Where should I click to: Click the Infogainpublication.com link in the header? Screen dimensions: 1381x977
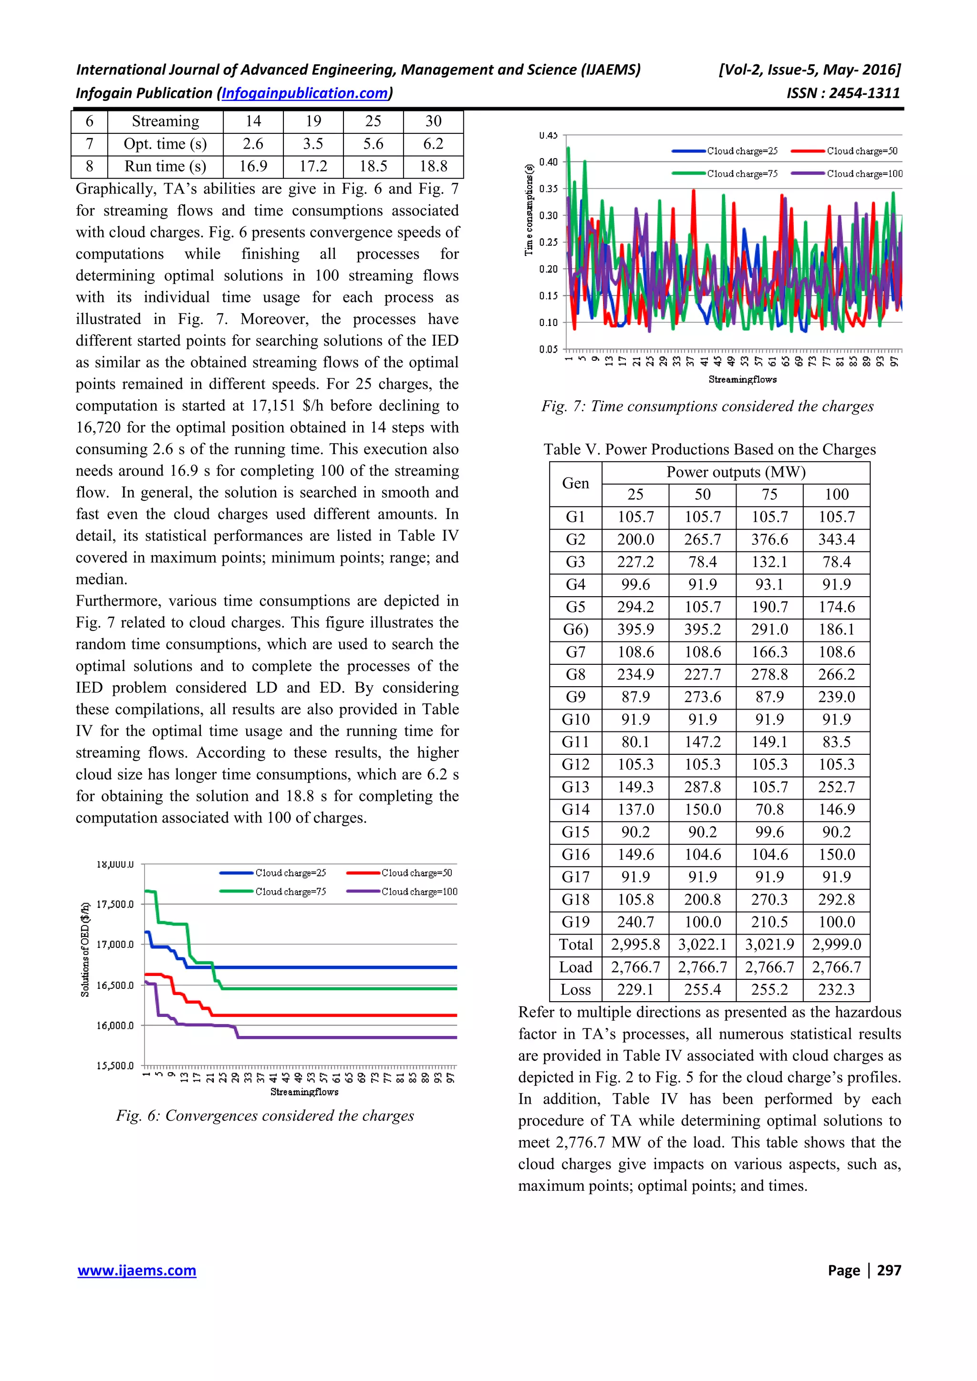coord(305,93)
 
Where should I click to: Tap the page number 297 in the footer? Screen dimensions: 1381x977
coord(889,1270)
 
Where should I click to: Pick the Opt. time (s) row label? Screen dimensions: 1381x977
coord(165,144)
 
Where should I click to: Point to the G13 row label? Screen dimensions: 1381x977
coord(575,787)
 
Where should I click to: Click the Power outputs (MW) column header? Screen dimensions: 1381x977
coord(735,472)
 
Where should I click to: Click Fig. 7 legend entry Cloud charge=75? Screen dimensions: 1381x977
coord(742,174)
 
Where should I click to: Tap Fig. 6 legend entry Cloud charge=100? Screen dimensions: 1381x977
coord(419,892)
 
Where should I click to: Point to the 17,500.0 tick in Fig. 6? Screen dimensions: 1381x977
coord(114,904)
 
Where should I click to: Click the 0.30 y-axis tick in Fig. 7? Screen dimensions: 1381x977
coord(548,215)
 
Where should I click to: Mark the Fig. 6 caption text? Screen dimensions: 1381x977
coord(265,1116)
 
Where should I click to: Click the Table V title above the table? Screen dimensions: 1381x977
coord(709,449)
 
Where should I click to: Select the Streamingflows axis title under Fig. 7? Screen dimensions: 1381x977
coord(742,379)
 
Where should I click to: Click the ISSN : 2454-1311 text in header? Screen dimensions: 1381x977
coord(843,93)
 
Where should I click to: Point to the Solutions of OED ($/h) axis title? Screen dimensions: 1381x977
coord(85,966)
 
